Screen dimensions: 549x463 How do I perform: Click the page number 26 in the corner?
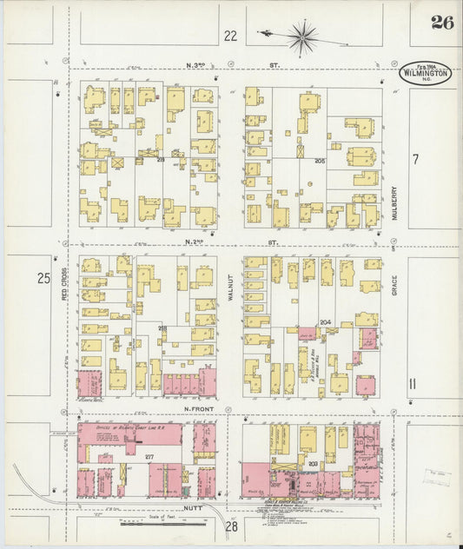(x=441, y=23)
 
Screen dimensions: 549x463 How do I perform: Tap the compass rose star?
(x=302, y=36)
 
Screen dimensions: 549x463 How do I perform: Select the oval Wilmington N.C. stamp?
(x=426, y=75)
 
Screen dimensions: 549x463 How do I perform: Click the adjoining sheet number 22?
(x=230, y=36)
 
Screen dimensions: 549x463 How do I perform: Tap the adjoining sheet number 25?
(x=43, y=278)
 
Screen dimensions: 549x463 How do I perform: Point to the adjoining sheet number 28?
(x=232, y=526)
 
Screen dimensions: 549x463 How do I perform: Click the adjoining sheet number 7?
(x=415, y=159)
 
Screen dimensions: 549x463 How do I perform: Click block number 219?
(x=161, y=160)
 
